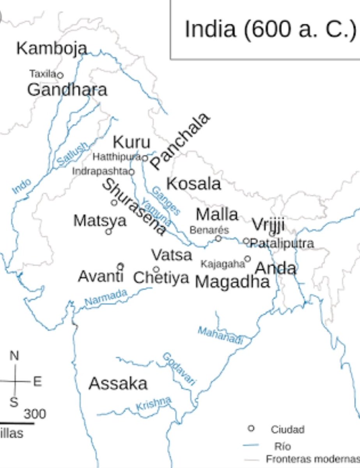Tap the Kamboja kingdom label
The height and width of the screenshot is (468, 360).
51,48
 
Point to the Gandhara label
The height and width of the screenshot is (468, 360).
67,90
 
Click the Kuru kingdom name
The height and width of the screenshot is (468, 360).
131,143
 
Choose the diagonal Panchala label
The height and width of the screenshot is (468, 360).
181,141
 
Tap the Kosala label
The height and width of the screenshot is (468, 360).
194,184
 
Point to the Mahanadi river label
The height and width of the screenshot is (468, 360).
220,335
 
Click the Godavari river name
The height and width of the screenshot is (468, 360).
179,369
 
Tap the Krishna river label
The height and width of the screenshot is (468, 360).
153,403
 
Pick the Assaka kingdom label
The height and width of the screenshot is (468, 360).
118,384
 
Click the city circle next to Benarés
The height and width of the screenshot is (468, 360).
218,238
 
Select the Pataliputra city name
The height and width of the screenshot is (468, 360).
282,243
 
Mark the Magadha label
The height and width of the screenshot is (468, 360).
232,282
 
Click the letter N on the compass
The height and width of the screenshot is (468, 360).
14,355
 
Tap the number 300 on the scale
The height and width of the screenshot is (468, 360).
35,414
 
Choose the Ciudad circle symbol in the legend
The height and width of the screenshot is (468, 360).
252,429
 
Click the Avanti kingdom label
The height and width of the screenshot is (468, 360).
101,277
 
